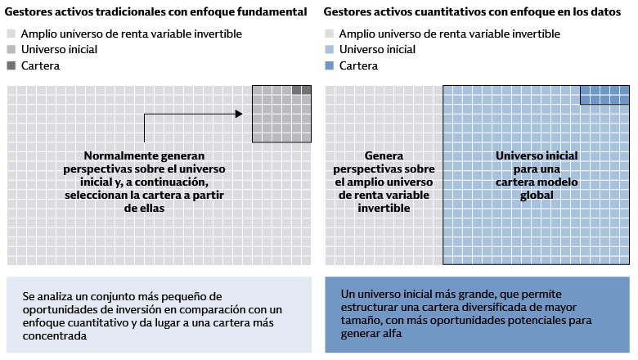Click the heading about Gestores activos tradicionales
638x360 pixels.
pos(156,12)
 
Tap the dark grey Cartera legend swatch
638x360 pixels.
pos(10,65)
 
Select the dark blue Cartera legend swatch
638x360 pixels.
pos(329,65)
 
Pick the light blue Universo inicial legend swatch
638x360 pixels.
pos(329,50)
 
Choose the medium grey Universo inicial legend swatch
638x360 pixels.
pos(10,50)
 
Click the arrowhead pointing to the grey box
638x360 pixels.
pos(239,114)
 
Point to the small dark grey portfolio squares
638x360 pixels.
pos(301,90)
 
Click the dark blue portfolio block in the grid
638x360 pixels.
pos(604,94)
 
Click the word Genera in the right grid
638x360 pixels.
pos(384,155)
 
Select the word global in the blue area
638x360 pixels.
pos(537,196)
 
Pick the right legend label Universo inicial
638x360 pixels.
pos(376,50)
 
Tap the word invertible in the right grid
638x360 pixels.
pos(384,209)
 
